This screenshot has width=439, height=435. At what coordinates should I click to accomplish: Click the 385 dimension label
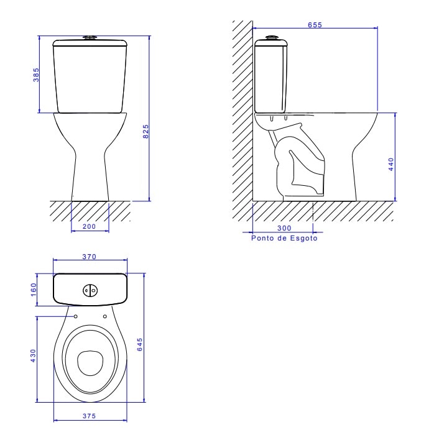(x=36, y=75)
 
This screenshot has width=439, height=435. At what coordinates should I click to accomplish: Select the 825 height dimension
(x=146, y=132)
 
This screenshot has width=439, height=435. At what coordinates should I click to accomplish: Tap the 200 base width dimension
(x=89, y=227)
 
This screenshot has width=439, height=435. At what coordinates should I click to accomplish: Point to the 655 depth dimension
(x=315, y=25)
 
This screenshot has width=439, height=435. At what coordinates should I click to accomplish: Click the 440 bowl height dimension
(x=391, y=165)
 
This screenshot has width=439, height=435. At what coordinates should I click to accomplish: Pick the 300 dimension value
(x=284, y=229)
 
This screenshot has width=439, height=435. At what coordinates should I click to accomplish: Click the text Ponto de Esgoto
(x=284, y=238)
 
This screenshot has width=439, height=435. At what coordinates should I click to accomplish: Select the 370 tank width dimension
(x=90, y=257)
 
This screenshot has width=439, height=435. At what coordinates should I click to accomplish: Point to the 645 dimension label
(x=140, y=345)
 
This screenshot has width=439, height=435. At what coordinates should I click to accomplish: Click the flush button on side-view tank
(x=271, y=38)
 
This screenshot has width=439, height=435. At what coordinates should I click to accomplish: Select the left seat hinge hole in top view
(x=75, y=316)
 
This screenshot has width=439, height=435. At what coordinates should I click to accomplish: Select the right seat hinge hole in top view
(x=104, y=316)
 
